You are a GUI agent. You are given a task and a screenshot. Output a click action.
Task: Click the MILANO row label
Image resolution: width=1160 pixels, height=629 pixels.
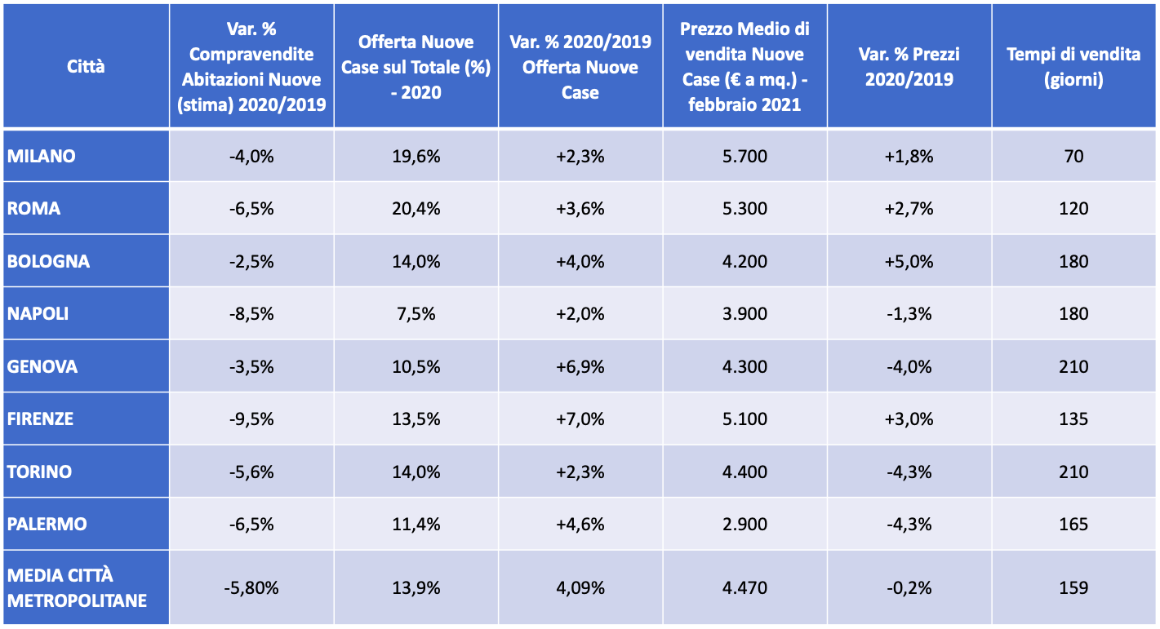point(42,156)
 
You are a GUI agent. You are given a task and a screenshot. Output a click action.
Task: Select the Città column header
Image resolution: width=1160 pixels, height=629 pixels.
point(86,66)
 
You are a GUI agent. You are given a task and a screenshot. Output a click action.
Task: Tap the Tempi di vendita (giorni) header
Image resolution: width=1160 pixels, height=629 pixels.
point(1073,67)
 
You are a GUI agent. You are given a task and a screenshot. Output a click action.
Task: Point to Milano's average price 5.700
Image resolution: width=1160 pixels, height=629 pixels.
point(744,156)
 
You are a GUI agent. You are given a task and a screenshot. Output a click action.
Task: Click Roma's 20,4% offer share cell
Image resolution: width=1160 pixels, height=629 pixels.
point(416,208)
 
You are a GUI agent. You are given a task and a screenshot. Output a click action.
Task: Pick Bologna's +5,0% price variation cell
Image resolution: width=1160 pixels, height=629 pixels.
point(909,261)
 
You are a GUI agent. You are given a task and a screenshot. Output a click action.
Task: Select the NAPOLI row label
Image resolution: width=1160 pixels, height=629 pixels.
point(38,314)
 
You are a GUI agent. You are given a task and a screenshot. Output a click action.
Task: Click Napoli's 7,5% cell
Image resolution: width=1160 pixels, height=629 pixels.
point(416,314)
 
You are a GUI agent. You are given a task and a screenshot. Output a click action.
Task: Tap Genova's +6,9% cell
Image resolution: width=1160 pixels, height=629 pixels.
point(580,366)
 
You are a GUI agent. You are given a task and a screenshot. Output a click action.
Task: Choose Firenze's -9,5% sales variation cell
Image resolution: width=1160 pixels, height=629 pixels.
point(251,419)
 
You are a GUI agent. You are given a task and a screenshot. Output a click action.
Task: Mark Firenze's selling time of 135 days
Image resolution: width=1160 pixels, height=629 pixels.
point(1073,419)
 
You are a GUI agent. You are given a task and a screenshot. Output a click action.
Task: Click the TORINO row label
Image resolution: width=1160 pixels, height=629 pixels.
point(39,472)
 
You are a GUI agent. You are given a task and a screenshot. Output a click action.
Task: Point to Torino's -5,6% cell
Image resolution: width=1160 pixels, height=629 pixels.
point(251,472)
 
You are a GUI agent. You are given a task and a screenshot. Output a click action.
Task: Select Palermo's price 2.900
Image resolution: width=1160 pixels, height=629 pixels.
point(744,524)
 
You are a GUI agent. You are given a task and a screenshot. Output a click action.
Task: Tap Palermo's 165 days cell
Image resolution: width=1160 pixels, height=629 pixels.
point(1073,524)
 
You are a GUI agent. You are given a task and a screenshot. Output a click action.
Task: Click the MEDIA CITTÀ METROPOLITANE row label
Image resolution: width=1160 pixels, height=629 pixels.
point(78,587)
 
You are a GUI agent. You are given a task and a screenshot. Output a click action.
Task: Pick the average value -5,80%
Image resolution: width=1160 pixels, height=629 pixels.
point(251,587)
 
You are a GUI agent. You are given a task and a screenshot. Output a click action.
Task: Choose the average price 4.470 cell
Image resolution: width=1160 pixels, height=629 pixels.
point(744,587)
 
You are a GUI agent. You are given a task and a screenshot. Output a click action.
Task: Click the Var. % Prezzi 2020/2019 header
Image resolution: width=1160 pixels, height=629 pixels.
point(909,67)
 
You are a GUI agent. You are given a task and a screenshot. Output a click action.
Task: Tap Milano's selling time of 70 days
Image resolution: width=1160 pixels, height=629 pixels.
point(1073,156)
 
